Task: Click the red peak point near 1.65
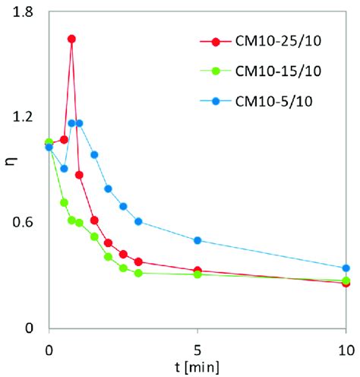[71, 39]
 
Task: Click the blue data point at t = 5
[197, 240]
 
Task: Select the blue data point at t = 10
[346, 268]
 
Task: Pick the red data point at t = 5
[197, 271]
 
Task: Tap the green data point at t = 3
[138, 273]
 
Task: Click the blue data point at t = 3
[138, 221]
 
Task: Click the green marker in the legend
[216, 72]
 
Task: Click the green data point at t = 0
[49, 142]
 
